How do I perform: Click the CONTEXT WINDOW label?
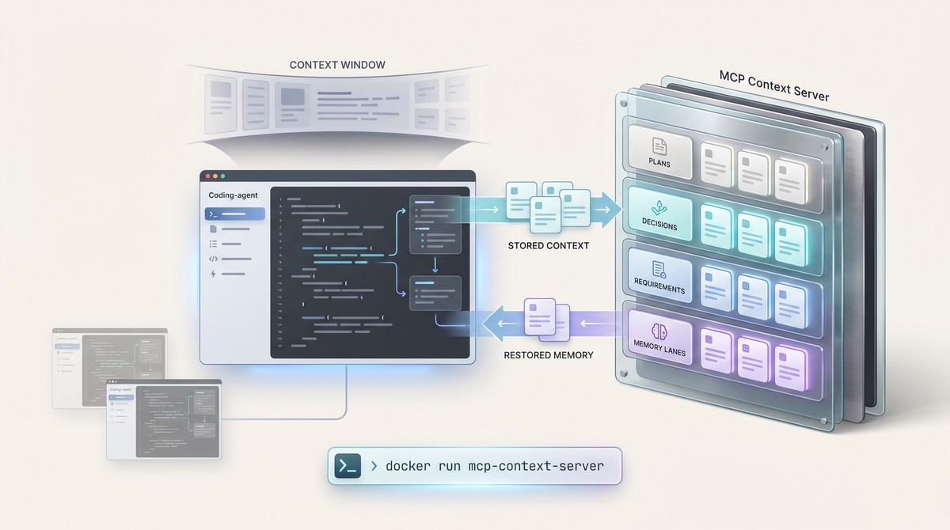pyautogui.click(x=338, y=64)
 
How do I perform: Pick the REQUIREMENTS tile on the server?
pyautogui.click(x=659, y=278)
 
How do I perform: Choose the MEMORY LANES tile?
pyautogui.click(x=659, y=337)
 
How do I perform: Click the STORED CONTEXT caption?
pyautogui.click(x=548, y=245)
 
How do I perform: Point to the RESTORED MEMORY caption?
pyautogui.click(x=548, y=355)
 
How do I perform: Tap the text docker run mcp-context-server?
pyautogui.click(x=494, y=466)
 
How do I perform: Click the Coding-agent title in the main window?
pyautogui.click(x=232, y=195)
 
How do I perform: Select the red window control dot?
pyautogui.click(x=208, y=176)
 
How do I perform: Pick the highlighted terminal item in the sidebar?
pyautogui.click(x=234, y=214)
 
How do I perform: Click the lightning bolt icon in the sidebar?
pyautogui.click(x=213, y=274)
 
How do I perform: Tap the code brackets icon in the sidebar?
pyautogui.click(x=213, y=259)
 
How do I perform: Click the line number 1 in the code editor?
pyautogui.click(x=280, y=199)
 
